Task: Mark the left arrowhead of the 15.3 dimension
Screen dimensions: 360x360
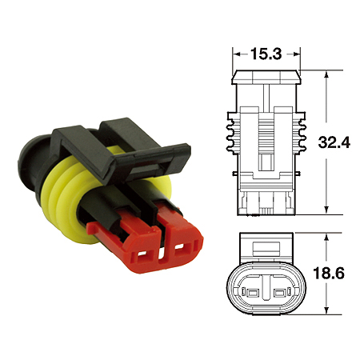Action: [236, 54]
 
